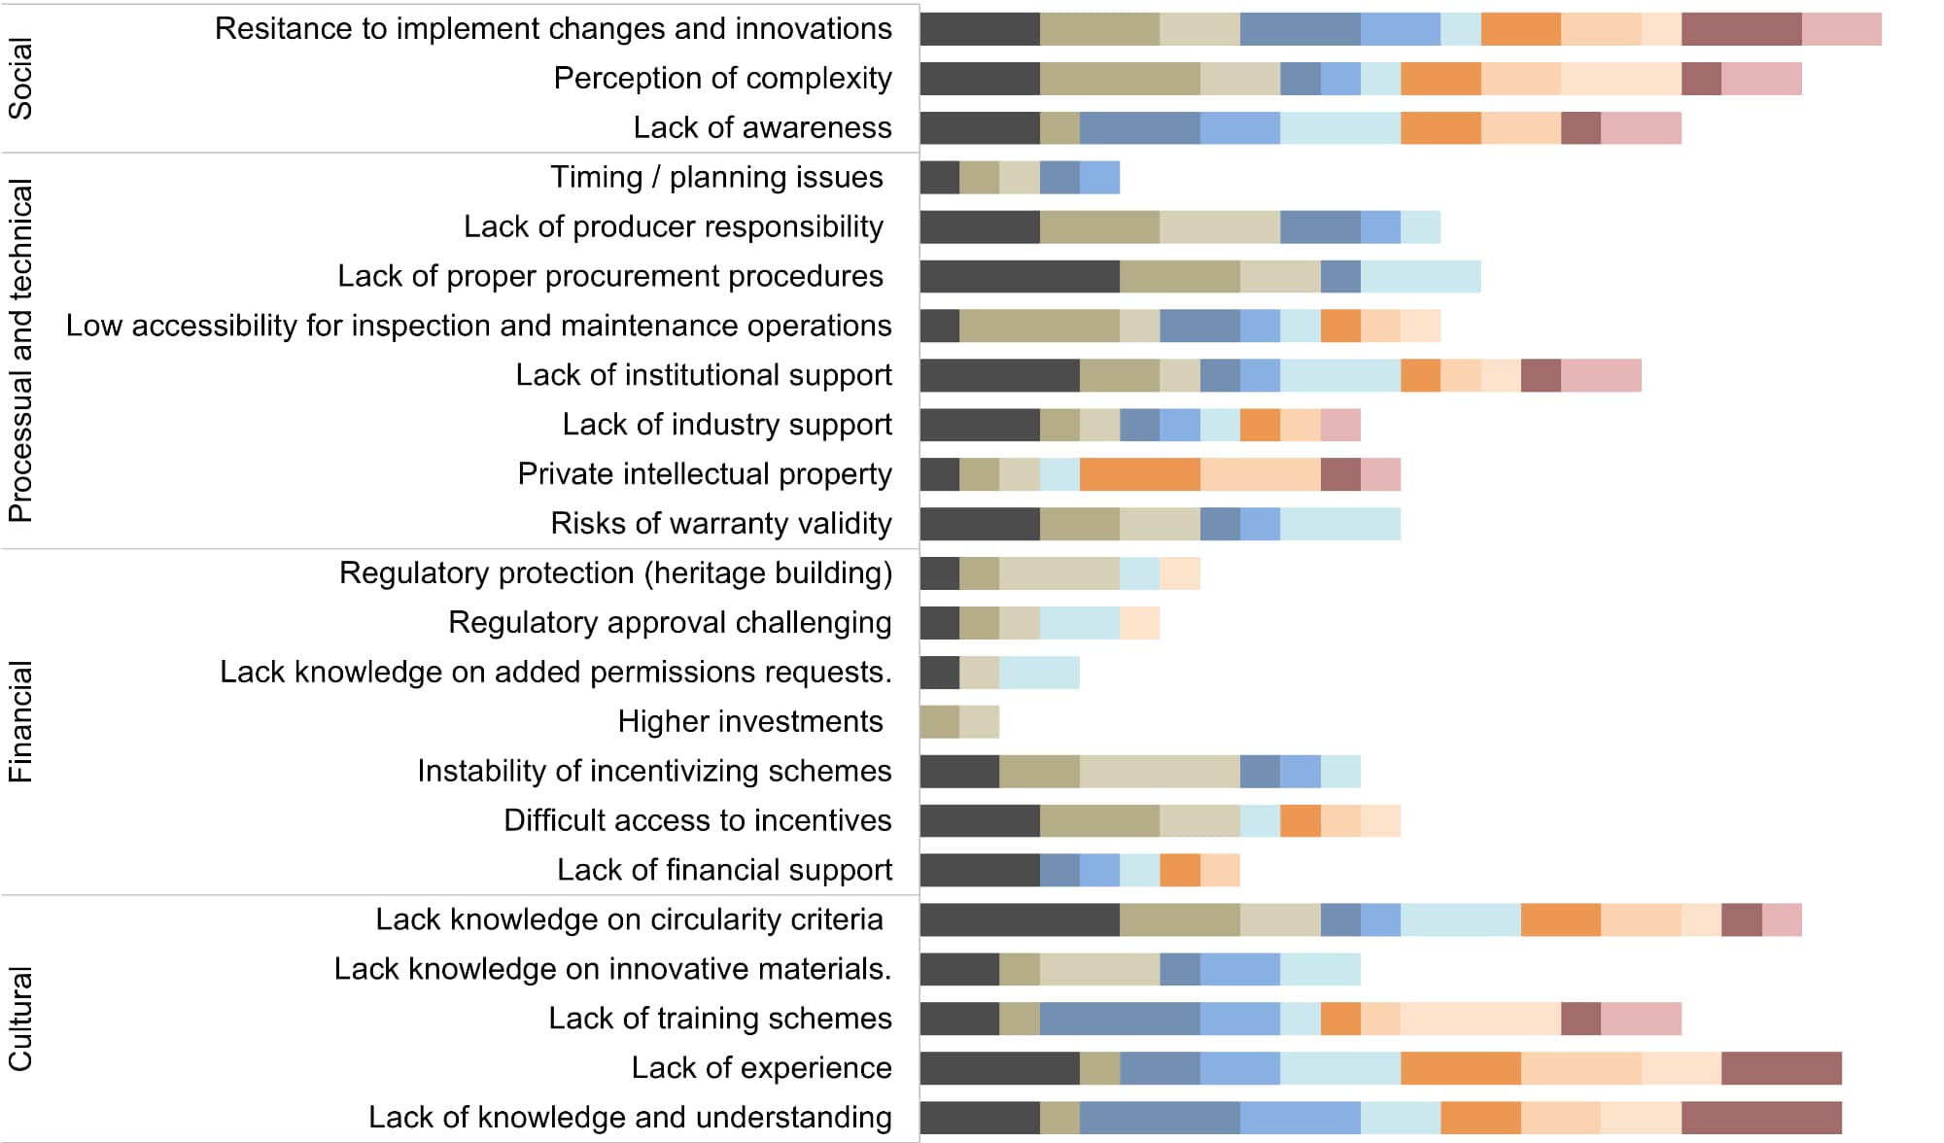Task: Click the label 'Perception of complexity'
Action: (722, 78)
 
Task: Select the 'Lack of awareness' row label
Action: (762, 127)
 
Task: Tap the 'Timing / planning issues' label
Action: (716, 177)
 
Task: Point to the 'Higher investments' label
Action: (749, 721)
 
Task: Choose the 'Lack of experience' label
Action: (761, 1067)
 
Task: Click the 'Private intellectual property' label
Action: (704, 473)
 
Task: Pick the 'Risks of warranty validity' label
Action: (720, 523)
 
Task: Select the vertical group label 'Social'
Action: (20, 78)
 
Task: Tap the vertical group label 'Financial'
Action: (20, 721)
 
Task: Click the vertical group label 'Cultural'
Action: (20, 1019)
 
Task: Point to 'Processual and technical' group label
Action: (20, 350)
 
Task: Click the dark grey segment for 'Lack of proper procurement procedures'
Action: (1020, 276)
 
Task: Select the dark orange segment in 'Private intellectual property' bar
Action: (1139, 473)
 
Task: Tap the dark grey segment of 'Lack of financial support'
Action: (980, 870)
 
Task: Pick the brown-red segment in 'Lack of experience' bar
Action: (1781, 1067)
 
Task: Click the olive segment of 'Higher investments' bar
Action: (940, 721)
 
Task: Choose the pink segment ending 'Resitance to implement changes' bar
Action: (1841, 29)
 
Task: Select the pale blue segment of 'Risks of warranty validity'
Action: (1339, 523)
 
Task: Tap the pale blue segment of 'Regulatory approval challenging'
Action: (1079, 622)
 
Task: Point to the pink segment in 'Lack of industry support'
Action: (1340, 425)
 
